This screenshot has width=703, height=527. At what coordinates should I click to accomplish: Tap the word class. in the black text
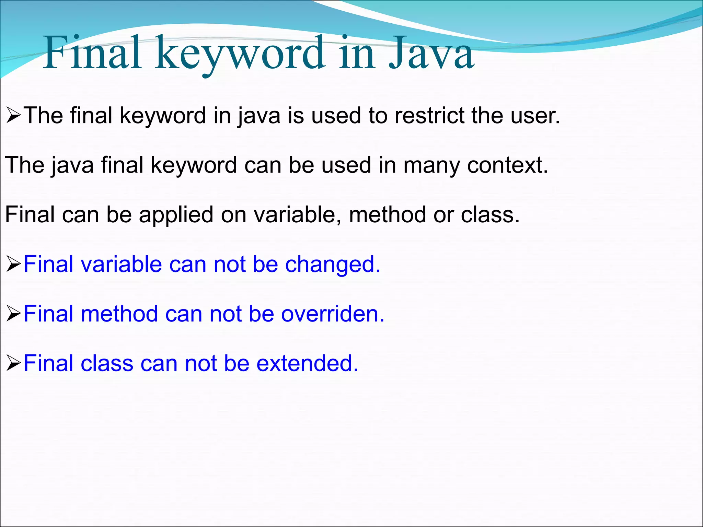coord(490,214)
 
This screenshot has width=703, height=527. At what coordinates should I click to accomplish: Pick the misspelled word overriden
coord(333,314)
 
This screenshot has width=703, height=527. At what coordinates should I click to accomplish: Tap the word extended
coord(307,363)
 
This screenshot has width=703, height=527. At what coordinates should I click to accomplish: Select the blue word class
coord(107,363)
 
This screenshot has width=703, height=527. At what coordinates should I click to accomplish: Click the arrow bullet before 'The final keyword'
coord(14,116)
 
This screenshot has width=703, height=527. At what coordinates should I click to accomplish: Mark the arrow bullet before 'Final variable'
coord(14,265)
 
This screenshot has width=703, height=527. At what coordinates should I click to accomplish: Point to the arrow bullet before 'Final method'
coord(14,314)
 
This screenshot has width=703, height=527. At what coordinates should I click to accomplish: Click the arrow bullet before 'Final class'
coord(14,363)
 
